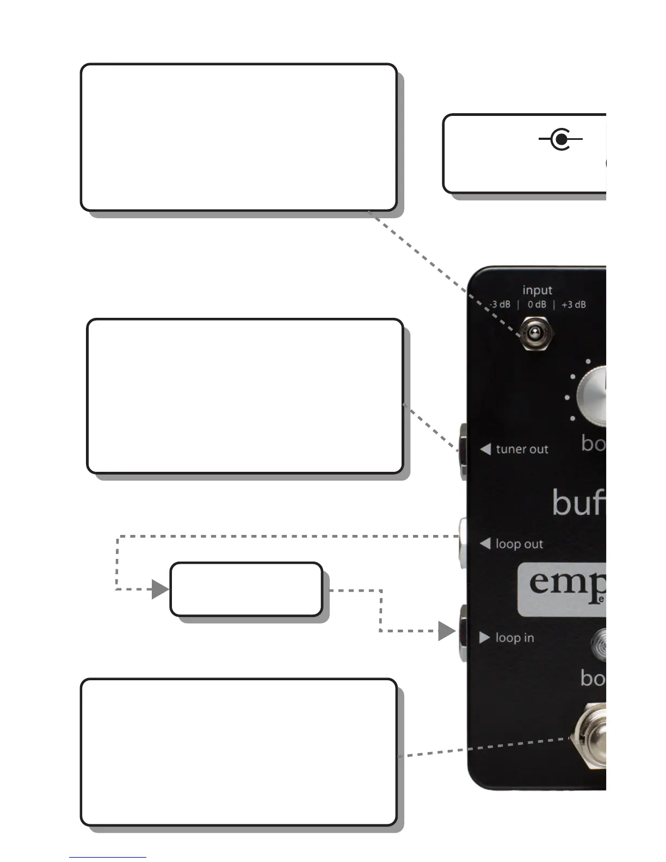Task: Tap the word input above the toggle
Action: click(537, 290)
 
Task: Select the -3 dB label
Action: click(500, 305)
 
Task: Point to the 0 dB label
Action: click(536, 305)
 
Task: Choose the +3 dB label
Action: click(573, 305)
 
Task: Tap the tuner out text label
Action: click(522, 450)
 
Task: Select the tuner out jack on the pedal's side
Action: click(463, 451)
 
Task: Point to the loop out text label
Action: click(519, 544)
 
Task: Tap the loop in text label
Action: click(515, 638)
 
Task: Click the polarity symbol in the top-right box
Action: click(560, 139)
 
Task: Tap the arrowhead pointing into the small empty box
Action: click(160, 589)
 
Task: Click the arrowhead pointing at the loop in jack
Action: click(447, 631)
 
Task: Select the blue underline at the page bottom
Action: click(107, 857)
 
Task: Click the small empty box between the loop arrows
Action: click(246, 589)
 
